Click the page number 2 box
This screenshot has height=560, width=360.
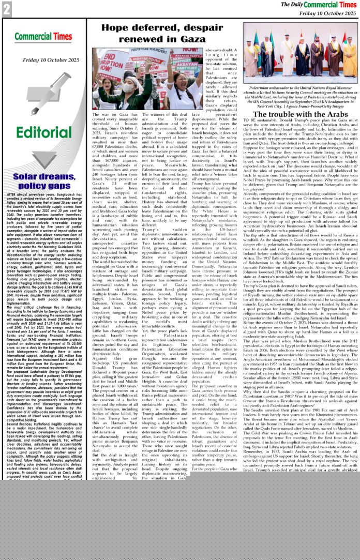click(x=6, y=8)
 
